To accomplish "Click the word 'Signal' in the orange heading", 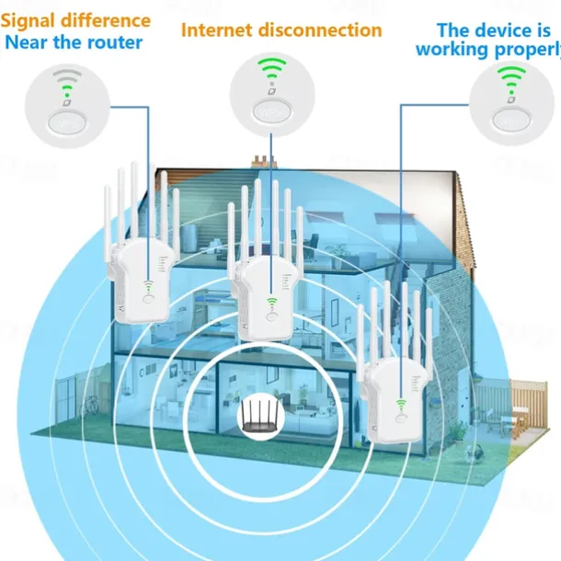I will (35, 20).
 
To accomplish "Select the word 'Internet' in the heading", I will (220, 29).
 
